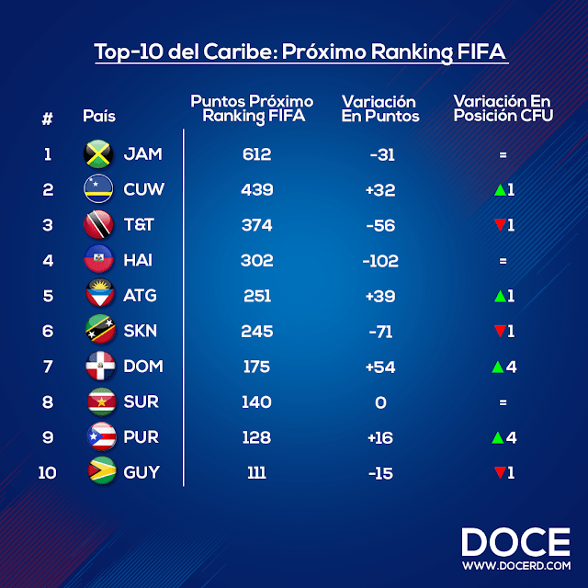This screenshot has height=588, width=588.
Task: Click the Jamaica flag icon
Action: [x=97, y=154]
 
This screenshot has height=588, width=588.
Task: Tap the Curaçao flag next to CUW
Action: [x=97, y=190]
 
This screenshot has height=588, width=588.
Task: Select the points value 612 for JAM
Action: [x=256, y=154]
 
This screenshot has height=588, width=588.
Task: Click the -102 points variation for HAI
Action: [x=380, y=261]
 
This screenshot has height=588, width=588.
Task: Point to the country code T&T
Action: [x=140, y=225]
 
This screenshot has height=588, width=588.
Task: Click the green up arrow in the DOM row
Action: [x=496, y=367]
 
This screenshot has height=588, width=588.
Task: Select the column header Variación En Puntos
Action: [x=380, y=108]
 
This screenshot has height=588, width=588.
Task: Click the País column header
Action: [x=99, y=117]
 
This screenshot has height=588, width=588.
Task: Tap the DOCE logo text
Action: [x=515, y=542]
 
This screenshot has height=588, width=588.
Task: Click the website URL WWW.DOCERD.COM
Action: [x=515, y=565]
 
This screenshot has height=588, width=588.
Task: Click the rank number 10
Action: [x=47, y=472]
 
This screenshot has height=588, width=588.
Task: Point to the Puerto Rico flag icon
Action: [x=97, y=437]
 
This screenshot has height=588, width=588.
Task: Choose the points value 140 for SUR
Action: [x=256, y=401]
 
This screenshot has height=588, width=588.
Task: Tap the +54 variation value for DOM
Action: [x=380, y=367]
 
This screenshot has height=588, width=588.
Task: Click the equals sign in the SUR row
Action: [x=503, y=402]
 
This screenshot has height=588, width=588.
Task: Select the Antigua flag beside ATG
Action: [x=97, y=296]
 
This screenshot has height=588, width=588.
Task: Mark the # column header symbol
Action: [x=47, y=118]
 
